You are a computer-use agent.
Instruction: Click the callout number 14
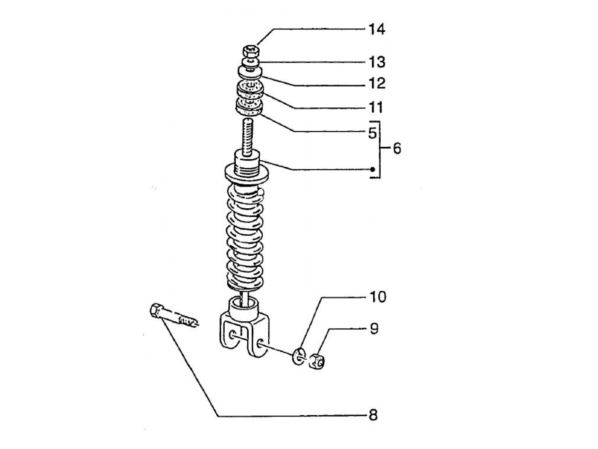pos(377,29)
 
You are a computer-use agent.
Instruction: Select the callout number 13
pos(377,62)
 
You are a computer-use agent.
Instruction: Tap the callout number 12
pos(377,83)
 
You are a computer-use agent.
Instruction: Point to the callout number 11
pos(376,107)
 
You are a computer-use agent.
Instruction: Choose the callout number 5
pos(372,133)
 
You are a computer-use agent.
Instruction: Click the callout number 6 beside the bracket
pos(397,149)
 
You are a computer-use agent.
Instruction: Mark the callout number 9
pos(374,329)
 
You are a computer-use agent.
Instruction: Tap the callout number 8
pos(373,414)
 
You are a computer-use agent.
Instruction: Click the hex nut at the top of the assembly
pos(251,52)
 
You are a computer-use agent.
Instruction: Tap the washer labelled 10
pos(299,356)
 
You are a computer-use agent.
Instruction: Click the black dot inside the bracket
pos(373,169)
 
